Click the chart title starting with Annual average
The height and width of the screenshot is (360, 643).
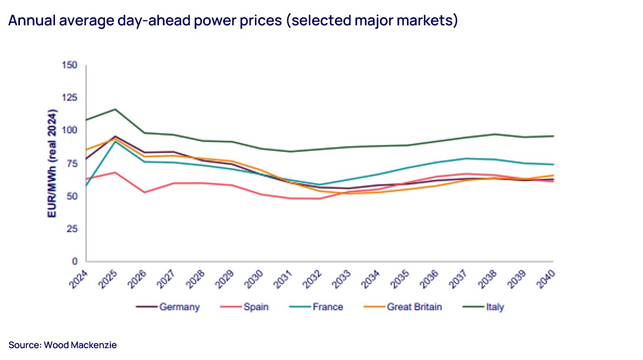coord(233,21)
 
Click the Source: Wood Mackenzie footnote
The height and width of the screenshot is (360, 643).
coord(63,345)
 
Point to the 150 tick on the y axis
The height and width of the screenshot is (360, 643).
coord(71,65)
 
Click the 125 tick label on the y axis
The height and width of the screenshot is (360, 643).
coord(71,98)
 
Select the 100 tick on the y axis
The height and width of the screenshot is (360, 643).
coord(71,130)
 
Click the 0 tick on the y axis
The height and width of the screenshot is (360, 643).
coord(75,261)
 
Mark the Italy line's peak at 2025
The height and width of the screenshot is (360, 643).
coord(115,109)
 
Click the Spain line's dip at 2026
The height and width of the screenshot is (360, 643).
coord(144,192)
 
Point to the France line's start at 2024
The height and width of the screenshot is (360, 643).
coord(86,186)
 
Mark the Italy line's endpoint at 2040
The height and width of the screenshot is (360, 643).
coord(554,136)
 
